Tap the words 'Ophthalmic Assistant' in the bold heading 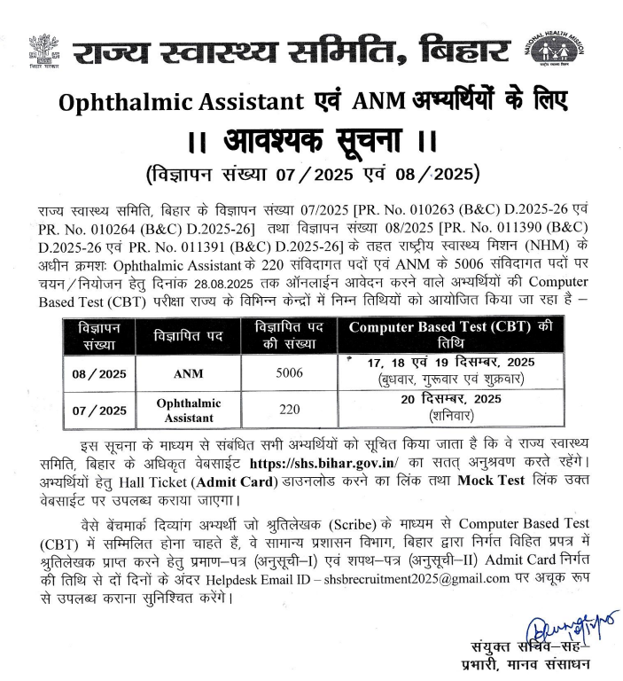click(182, 102)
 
